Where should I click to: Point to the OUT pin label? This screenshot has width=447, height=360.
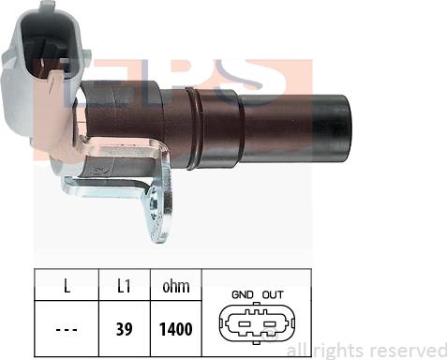pos(273,293)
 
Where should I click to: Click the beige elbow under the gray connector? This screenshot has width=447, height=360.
pos(56,141)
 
